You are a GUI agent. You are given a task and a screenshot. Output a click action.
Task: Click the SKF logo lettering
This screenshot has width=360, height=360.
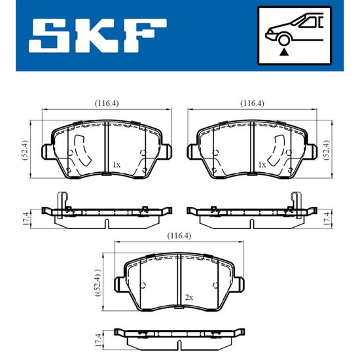(98, 36)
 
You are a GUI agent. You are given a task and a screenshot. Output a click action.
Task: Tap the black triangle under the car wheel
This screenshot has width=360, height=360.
(284, 52)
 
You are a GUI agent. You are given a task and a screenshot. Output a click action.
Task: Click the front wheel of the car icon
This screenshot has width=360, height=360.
(284, 39)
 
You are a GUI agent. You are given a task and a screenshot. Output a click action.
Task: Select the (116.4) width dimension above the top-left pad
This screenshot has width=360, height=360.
(107, 103)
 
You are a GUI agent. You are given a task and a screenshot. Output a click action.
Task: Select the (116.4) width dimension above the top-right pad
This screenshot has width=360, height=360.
(252, 103)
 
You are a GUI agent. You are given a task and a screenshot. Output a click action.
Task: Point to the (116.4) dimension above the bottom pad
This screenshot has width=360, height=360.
(179, 236)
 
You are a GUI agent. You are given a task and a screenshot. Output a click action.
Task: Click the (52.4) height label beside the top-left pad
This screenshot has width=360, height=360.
(25, 150)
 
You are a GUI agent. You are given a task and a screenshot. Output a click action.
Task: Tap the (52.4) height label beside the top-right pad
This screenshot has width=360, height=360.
(327, 150)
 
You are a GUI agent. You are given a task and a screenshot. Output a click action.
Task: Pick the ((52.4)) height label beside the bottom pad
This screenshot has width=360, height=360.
(98, 283)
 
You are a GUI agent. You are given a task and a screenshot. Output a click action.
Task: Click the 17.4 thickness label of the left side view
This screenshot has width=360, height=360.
(26, 219)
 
